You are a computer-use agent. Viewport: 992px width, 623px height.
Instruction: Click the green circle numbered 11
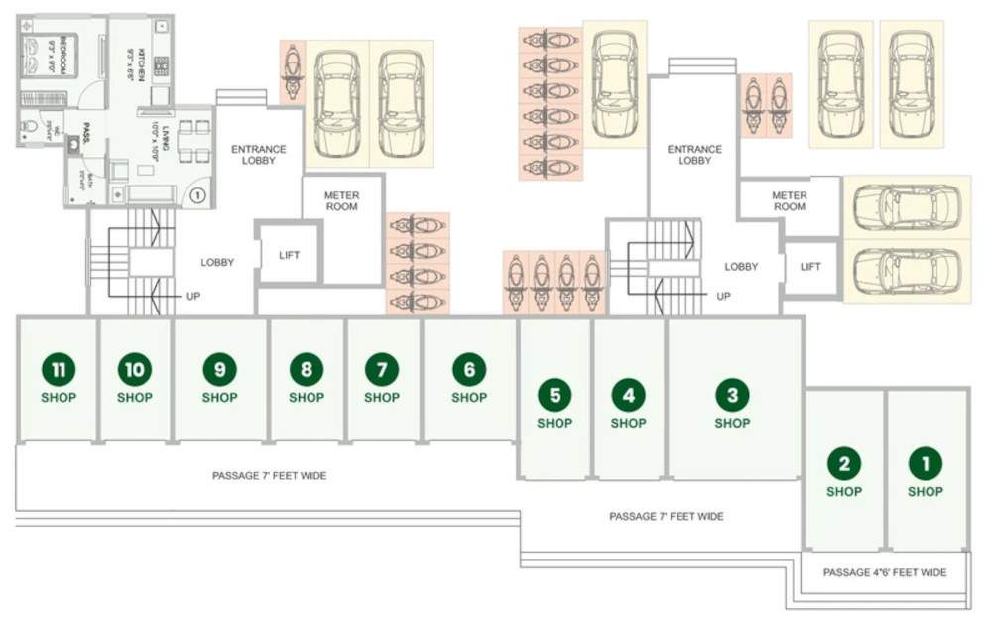coord(59,370)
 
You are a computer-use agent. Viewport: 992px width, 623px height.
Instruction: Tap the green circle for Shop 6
coord(469,370)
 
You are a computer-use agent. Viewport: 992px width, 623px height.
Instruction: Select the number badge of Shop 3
coord(732,396)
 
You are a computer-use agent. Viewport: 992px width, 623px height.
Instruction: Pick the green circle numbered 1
coord(926,463)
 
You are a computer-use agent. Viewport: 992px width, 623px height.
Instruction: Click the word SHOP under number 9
coord(219,398)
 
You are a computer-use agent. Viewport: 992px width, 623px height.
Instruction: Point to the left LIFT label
coord(289,255)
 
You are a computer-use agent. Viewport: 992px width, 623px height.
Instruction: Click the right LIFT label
coord(810,267)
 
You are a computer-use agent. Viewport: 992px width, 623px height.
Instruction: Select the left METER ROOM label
coord(341,201)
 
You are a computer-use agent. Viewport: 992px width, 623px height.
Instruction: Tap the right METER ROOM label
coord(789,201)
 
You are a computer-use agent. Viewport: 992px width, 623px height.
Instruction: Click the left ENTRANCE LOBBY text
coord(258,155)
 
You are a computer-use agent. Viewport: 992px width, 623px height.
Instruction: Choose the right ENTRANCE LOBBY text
coord(694,155)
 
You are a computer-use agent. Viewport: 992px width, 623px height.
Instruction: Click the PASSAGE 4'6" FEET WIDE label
coord(885,572)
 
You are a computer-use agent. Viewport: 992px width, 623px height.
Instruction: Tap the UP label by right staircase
coord(723,297)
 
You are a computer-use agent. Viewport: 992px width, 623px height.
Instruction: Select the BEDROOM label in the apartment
coord(62,57)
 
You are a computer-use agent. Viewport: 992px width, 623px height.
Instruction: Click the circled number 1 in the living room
coord(197,195)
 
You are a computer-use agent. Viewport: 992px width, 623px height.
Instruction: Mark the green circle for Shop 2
coord(844,463)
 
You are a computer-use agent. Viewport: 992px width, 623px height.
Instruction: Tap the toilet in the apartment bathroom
coord(29,127)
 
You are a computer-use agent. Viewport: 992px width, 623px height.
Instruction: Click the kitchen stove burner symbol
coord(161,66)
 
